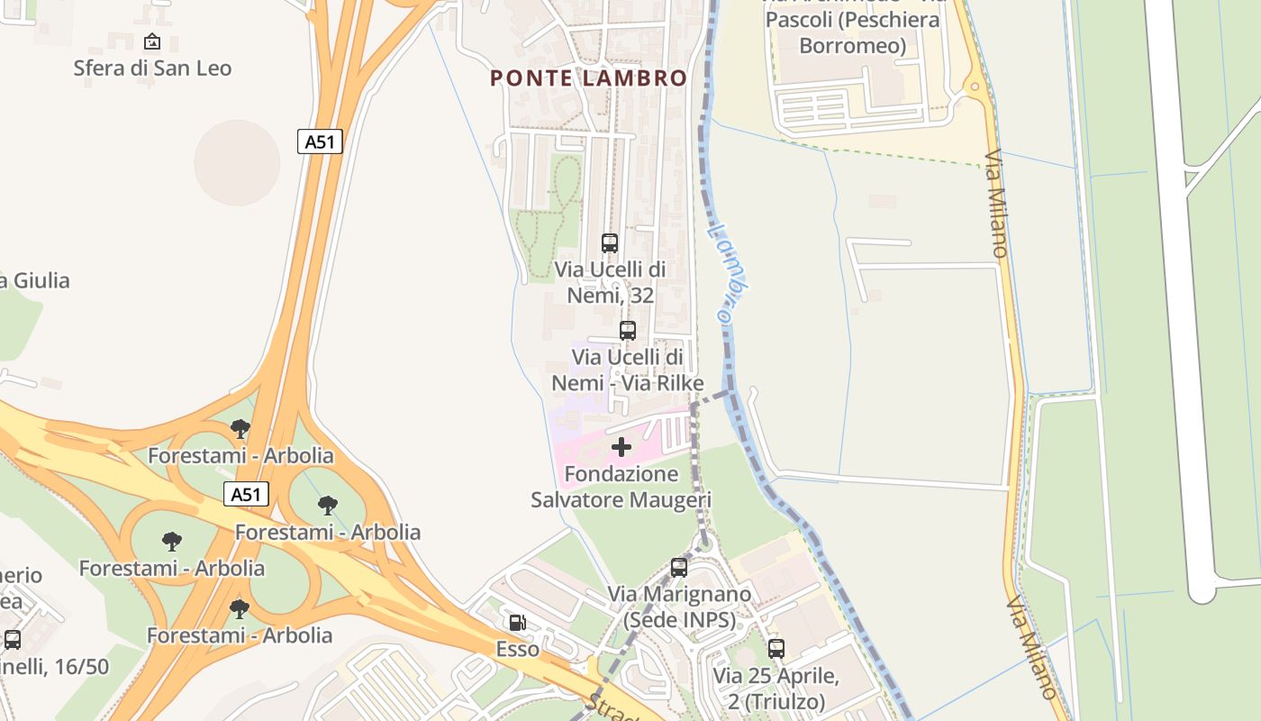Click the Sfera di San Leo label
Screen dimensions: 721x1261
tap(152, 68)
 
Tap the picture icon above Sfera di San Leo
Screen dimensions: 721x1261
tap(152, 41)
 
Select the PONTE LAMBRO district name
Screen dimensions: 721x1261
tap(588, 78)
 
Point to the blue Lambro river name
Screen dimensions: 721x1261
tap(730, 274)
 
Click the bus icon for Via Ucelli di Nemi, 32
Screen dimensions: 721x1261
tap(610, 242)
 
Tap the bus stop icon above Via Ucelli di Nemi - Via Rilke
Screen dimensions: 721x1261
tap(628, 330)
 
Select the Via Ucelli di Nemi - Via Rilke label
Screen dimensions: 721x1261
tap(628, 370)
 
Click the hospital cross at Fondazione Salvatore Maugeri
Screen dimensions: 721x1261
tap(621, 447)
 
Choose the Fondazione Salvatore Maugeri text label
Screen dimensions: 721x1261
tap(621, 487)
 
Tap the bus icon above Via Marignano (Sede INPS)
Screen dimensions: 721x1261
tap(679, 568)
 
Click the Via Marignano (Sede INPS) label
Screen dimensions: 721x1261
tap(679, 607)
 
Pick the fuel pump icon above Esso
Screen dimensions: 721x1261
tap(517, 622)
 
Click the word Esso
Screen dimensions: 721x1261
tap(517, 649)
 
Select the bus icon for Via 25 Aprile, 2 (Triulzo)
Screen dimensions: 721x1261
tap(776, 648)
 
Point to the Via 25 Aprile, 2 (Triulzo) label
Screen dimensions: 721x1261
tap(776, 689)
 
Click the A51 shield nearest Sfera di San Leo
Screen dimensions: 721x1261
tap(320, 141)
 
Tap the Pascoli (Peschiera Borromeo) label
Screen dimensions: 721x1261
tap(852, 32)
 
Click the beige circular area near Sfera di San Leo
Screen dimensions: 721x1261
tap(237, 163)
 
